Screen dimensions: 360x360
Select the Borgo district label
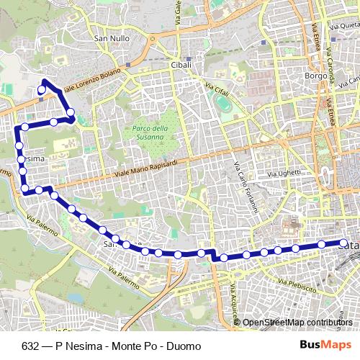(x=297, y=74)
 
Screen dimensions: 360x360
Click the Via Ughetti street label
(x=282, y=174)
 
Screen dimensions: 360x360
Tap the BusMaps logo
(x=320, y=345)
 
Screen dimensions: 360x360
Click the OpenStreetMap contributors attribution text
(x=297, y=322)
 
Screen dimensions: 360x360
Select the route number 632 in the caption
(x=30, y=346)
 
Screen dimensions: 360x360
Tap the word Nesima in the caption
(x=85, y=346)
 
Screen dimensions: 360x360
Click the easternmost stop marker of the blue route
(x=344, y=243)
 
